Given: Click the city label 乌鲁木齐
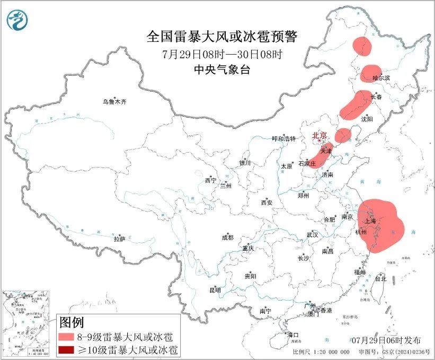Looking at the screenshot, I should [x=115, y=102].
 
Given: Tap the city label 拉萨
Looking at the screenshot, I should [x=119, y=239].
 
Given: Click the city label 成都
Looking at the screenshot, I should [x=228, y=238].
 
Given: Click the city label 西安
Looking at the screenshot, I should [x=267, y=203].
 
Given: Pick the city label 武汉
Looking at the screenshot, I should [x=312, y=234].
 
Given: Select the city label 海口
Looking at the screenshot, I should [x=293, y=335].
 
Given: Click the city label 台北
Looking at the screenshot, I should [x=380, y=278].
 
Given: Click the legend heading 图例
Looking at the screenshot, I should [x=72, y=322].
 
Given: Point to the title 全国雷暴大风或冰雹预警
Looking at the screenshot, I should [x=222, y=37].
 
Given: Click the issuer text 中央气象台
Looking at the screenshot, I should [x=222, y=70].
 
